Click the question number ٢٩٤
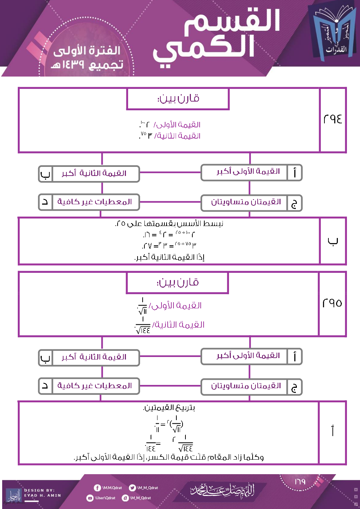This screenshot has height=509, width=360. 332,119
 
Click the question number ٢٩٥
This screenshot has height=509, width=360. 332,303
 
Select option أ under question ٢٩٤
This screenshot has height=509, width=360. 251,172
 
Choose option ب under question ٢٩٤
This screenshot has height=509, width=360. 89,174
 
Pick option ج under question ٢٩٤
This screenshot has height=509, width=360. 251,203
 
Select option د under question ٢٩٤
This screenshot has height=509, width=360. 89,202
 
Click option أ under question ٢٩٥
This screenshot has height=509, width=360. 251,356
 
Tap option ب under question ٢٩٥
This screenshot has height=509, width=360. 89,358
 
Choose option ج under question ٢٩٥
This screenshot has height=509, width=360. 251,387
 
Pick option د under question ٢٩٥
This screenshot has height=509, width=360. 89,386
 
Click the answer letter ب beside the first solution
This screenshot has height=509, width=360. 332,241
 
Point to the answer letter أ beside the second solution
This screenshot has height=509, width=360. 332,431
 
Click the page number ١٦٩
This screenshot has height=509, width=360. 300,482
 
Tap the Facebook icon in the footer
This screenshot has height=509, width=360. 97,488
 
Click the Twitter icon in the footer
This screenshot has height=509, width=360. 132,488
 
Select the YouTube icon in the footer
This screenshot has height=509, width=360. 90,498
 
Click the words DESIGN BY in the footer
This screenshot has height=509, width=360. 40,490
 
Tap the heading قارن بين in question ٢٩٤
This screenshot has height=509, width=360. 178,98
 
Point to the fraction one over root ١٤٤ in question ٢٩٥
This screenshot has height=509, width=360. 143,325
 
